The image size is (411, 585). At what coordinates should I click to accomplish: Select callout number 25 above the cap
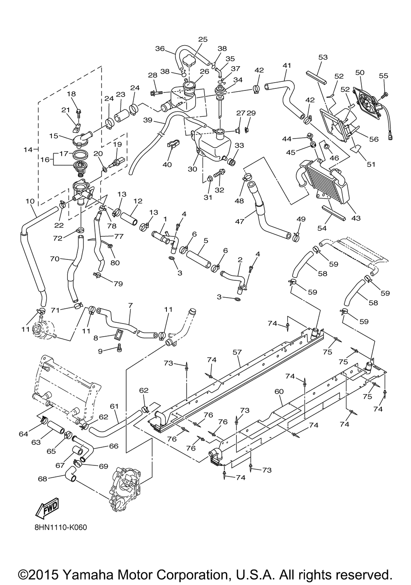pos(203,39)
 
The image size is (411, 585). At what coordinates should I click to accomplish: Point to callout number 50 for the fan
pos(360,72)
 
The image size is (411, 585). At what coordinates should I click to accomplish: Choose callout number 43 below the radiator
pos(356,218)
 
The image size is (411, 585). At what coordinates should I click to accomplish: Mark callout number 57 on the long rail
pos(238,353)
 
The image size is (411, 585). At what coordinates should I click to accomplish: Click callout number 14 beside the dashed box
pos(28,150)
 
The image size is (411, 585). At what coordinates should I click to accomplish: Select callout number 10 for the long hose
pos(30,201)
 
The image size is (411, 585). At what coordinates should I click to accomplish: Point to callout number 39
pos(148,120)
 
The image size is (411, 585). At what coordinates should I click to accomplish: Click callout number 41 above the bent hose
pos(286,65)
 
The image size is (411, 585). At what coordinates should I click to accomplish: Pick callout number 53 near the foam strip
pos(323,57)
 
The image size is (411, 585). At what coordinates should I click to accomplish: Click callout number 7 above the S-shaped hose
pos(131,305)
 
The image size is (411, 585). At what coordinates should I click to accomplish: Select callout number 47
pos(240,222)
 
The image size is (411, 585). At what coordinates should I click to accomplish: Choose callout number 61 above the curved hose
pos(114,406)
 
